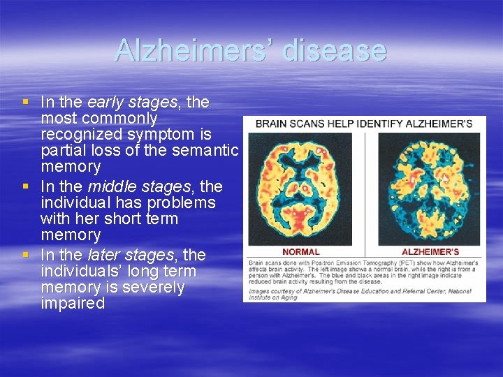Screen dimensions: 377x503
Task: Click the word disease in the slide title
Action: [334, 50]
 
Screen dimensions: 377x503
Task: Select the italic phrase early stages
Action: [132, 103]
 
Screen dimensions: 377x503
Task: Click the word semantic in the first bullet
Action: [208, 150]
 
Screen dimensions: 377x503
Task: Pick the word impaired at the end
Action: [73, 304]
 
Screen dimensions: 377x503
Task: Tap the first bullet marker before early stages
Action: [26, 103]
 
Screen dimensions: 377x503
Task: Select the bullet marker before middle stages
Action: [26, 186]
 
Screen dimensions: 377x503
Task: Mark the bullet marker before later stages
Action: [26, 255]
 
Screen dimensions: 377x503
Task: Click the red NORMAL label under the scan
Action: [301, 251]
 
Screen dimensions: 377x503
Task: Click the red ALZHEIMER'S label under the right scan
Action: [430, 251]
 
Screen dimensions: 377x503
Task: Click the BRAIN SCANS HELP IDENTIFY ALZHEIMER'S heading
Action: [364, 124]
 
